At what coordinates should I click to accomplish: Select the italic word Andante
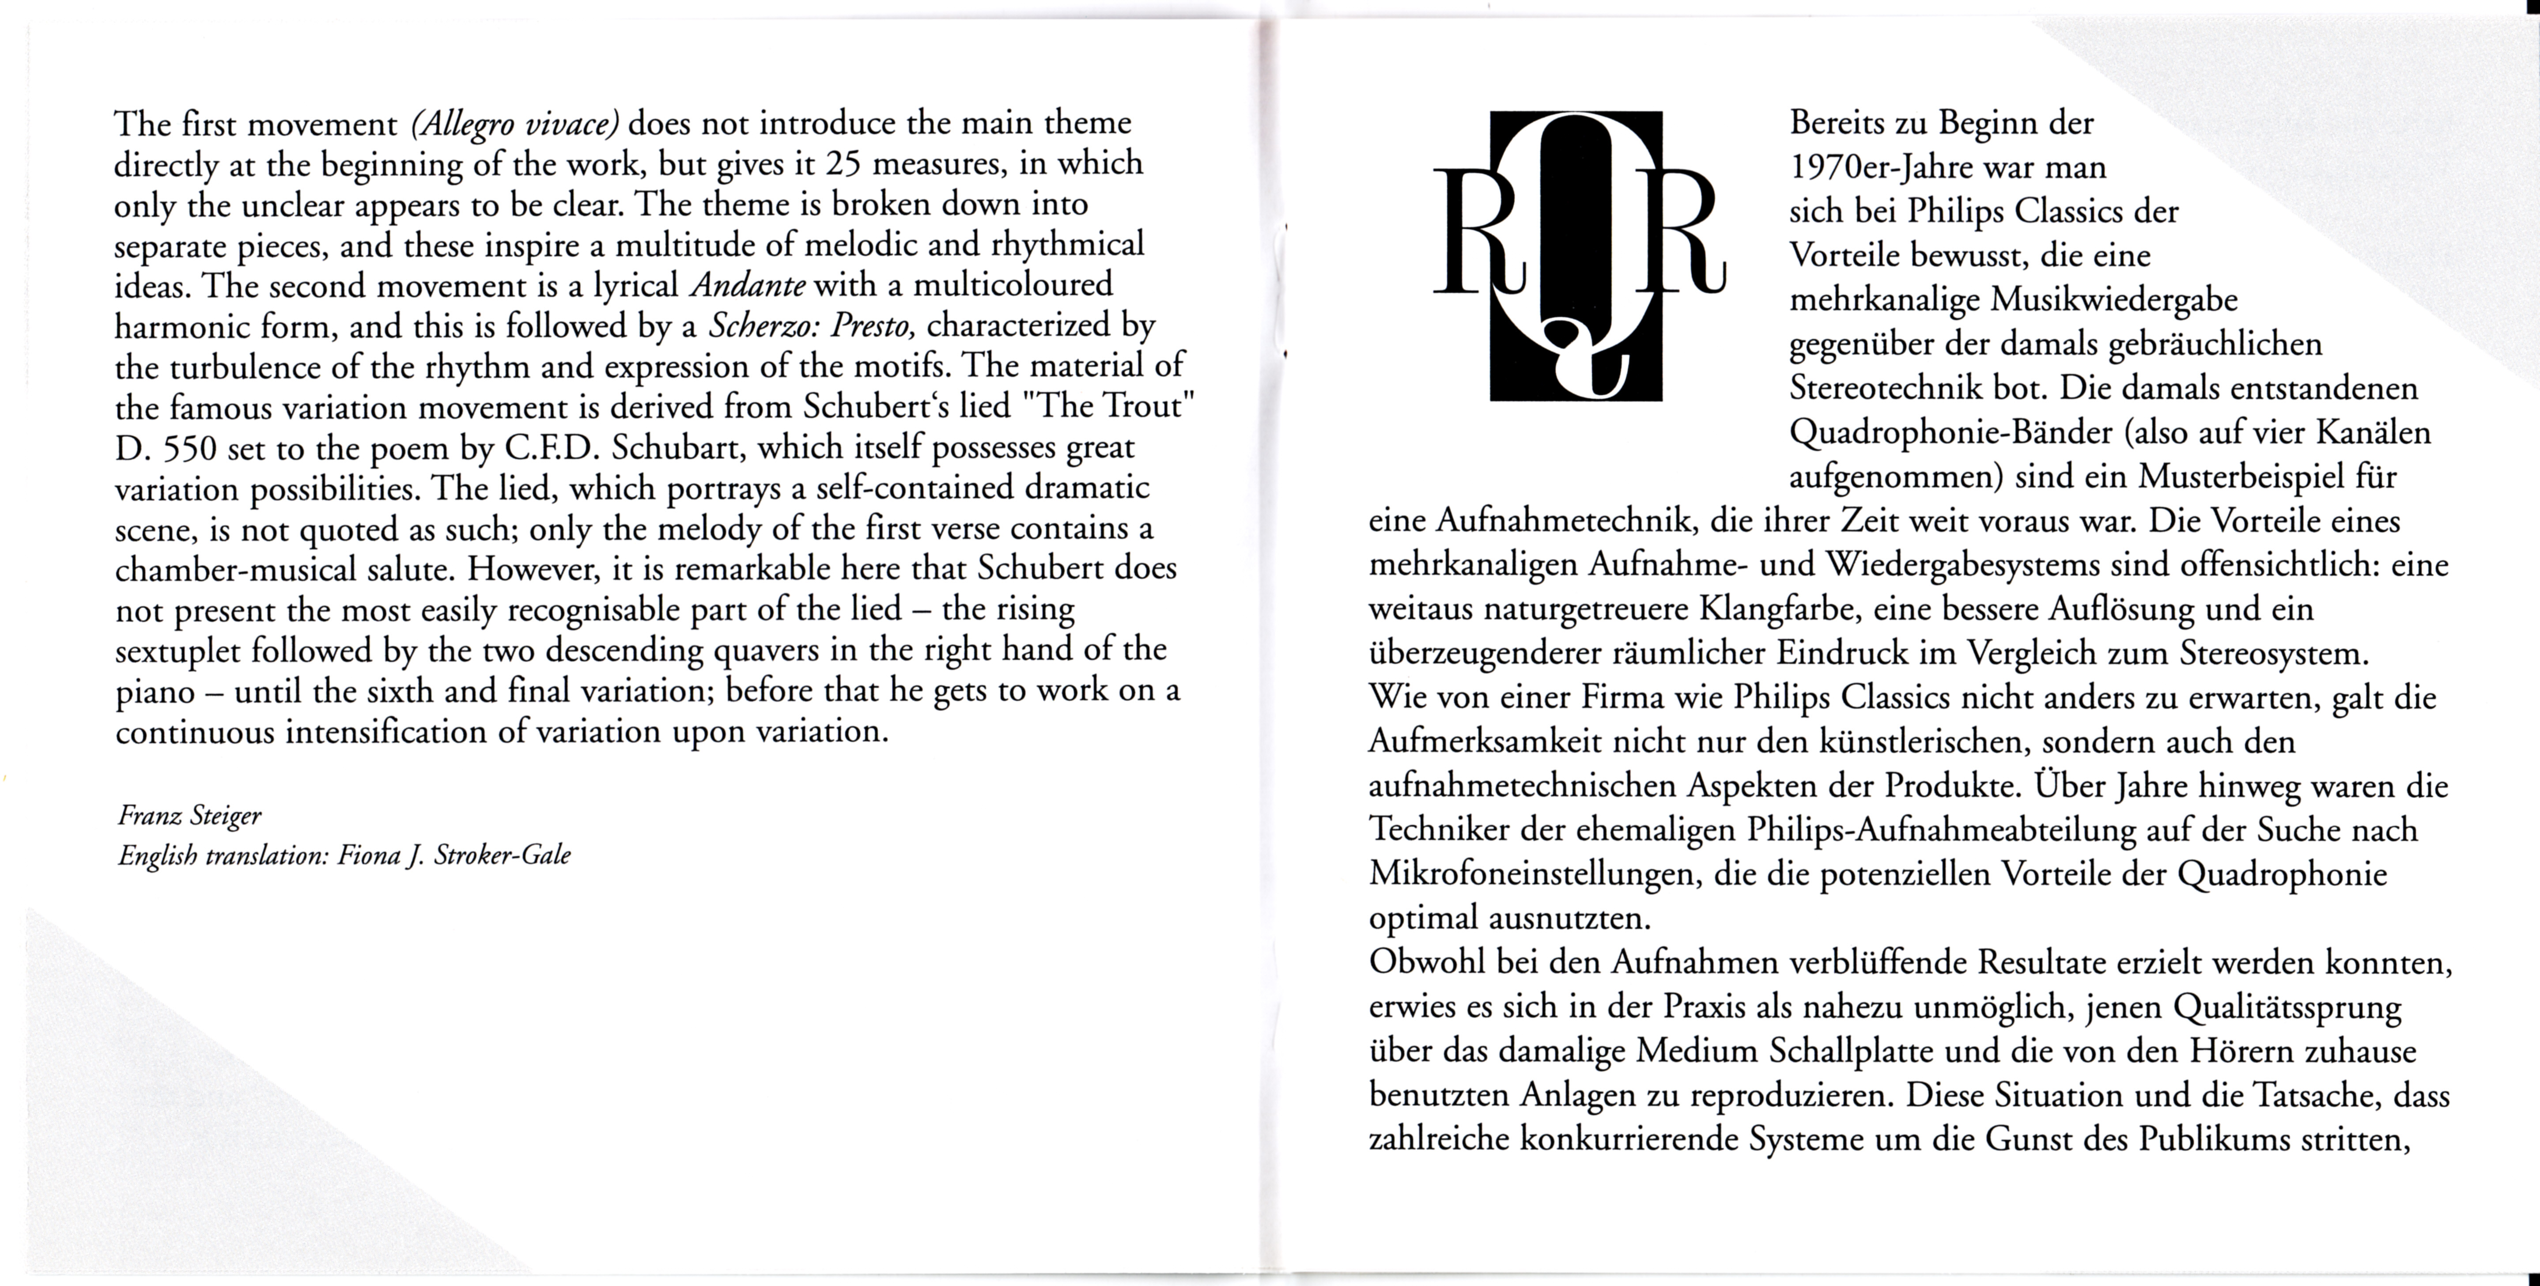748,285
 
